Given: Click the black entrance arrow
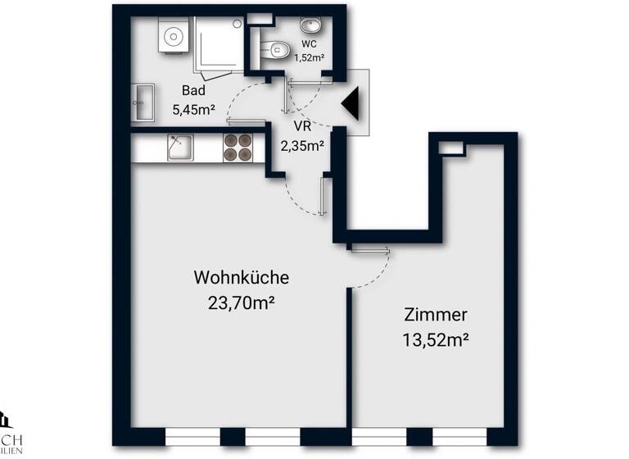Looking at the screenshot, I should click(x=352, y=104).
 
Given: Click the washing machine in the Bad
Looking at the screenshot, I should click(x=173, y=37).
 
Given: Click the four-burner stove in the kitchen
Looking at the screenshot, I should click(x=238, y=148).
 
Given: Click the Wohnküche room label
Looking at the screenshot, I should click(x=241, y=277).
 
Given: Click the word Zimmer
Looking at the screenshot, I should click(x=435, y=314).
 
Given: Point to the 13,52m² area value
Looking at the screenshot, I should click(x=435, y=339).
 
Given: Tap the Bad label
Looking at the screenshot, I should click(x=193, y=90).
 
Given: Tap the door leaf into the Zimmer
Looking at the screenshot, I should click(x=369, y=248).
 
